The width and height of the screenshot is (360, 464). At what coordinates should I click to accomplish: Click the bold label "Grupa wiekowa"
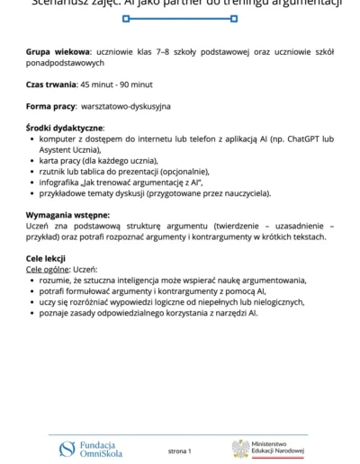58,53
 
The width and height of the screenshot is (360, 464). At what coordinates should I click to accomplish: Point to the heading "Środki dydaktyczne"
65,128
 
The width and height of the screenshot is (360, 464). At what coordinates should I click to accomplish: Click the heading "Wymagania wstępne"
67,215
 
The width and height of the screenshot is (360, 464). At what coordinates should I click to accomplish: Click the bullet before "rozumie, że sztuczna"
32,281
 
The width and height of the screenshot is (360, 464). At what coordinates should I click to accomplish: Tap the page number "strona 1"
180,450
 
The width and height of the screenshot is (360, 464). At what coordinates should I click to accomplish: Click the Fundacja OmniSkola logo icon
67,448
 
